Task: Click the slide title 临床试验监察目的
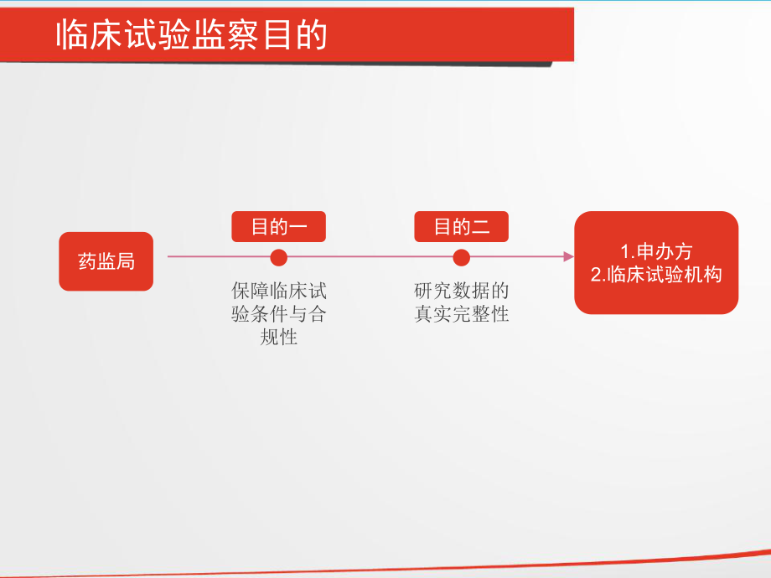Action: [192, 36]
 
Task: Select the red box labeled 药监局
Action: [106, 261]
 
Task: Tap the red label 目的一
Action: [279, 227]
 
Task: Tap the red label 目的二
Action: [461, 227]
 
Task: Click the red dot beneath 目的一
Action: [279, 256]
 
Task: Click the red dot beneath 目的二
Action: [461, 256]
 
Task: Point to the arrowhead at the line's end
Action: [568, 256]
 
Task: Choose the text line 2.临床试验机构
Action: [656, 274]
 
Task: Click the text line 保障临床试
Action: [279, 292]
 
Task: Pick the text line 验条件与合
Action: [279, 315]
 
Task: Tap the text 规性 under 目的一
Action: [279, 338]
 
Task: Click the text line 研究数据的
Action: [461, 292]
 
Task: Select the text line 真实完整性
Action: [461, 315]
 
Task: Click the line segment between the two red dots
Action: [370, 256]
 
